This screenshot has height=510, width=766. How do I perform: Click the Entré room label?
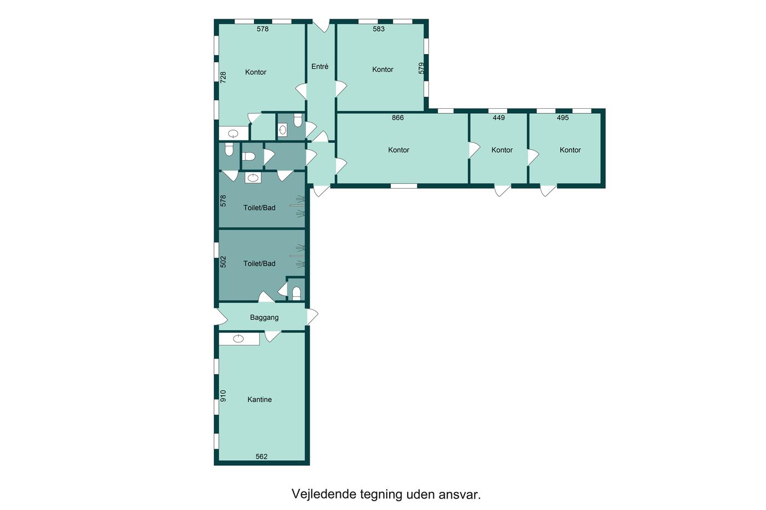pyautogui.click(x=320, y=67)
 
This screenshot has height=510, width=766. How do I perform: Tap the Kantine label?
pyautogui.click(x=259, y=400)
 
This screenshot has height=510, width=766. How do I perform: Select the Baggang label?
pyautogui.click(x=264, y=318)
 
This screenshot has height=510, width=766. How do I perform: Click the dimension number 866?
pyautogui.click(x=398, y=118)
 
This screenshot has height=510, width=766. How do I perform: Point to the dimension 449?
pyautogui.click(x=498, y=118)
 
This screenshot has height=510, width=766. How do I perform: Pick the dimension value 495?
pyautogui.click(x=562, y=118)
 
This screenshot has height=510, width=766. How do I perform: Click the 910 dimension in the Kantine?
pyautogui.click(x=223, y=396)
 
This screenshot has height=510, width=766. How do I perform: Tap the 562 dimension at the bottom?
pyautogui.click(x=262, y=456)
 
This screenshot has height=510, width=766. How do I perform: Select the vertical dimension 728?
pyautogui.click(x=223, y=77)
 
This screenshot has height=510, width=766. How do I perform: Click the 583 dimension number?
pyautogui.click(x=379, y=29)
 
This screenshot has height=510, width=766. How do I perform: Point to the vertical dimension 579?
pyautogui.click(x=421, y=68)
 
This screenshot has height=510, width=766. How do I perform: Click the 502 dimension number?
pyautogui.click(x=223, y=262)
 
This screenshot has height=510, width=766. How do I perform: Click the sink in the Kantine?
pyautogui.click(x=239, y=338)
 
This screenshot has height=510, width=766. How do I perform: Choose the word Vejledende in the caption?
pyautogui.click(x=324, y=494)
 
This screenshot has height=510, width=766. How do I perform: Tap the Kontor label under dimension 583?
pyautogui.click(x=382, y=69)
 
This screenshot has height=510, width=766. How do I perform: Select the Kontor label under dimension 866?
pyautogui.click(x=399, y=150)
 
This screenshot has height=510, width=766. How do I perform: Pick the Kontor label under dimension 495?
pyautogui.click(x=570, y=150)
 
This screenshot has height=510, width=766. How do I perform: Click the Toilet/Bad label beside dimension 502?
pyautogui.click(x=259, y=263)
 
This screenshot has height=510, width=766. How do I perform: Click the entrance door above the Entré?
pyautogui.click(x=321, y=26)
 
